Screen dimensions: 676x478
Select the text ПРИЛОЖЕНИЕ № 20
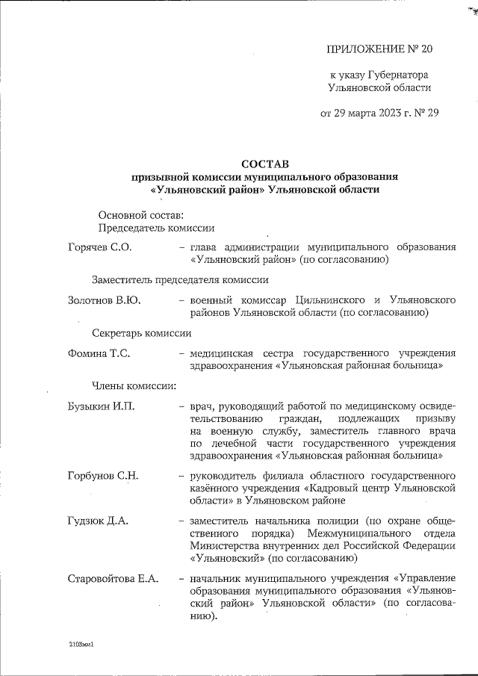click(379, 49)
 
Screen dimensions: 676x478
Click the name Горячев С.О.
click(99, 246)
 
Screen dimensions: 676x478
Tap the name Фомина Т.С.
click(99, 353)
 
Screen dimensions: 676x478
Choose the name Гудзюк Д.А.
click(97, 521)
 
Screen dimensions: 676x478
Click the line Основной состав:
click(140, 215)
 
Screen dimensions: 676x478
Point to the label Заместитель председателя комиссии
click(180, 279)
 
